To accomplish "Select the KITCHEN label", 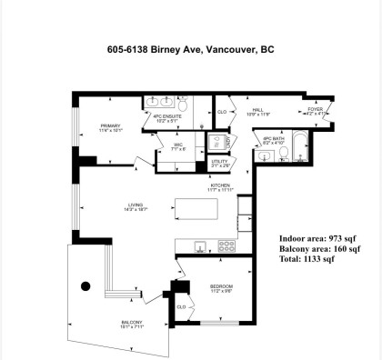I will click(x=218, y=185).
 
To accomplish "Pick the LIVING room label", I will click(x=136, y=207).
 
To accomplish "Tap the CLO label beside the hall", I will click(x=222, y=112).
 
